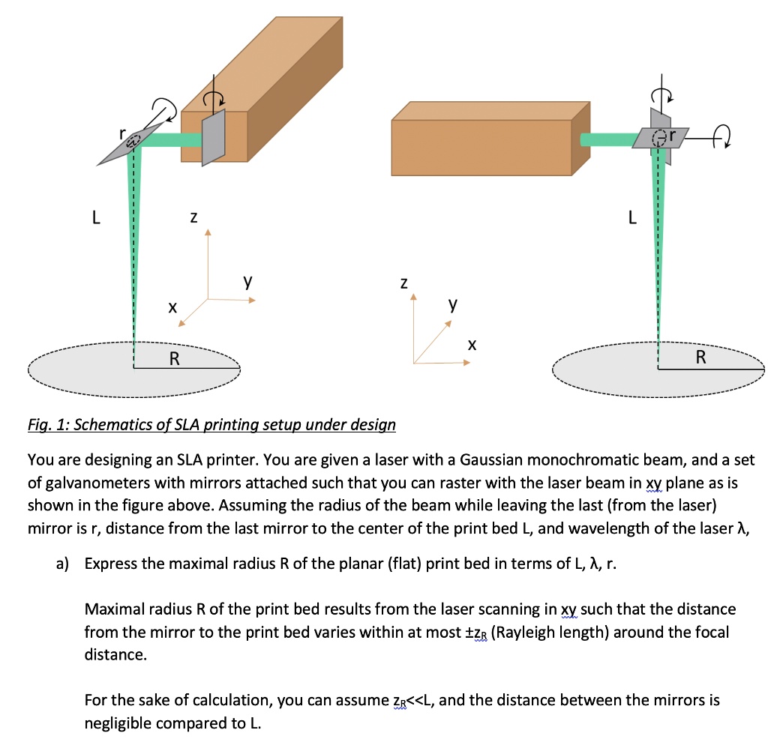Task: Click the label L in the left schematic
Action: [94, 218]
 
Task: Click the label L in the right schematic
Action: [633, 218]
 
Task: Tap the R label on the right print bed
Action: [700, 357]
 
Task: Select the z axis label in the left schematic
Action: [193, 217]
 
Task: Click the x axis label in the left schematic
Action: [172, 307]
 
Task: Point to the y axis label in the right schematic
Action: [451, 304]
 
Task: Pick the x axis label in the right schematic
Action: [471, 345]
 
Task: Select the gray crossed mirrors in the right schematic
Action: [659, 135]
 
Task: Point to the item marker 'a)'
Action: [63, 564]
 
